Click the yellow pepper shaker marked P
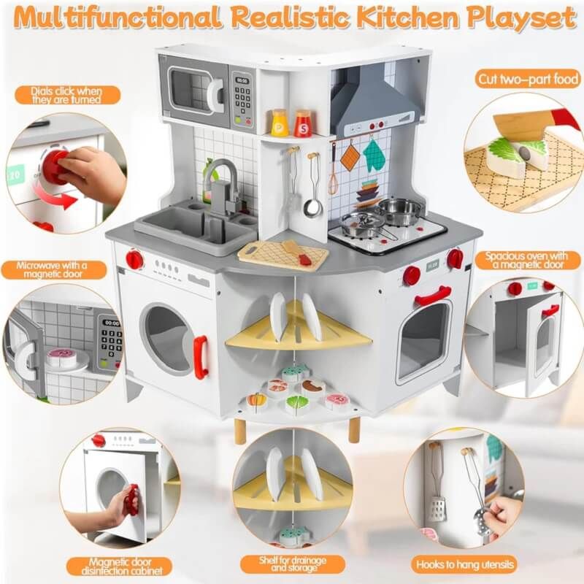pyautogui.click(x=280, y=123)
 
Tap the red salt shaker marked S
pyautogui.click(x=303, y=123)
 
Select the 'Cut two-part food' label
pyautogui.click(x=528, y=79)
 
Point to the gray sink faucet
pyautogui.click(x=223, y=186)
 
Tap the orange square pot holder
pyautogui.click(x=350, y=157)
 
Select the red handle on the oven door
pyautogui.click(x=433, y=295)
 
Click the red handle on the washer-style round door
pyautogui.click(x=200, y=357)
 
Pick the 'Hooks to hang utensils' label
pyautogui.click(x=465, y=564)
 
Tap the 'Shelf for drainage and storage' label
pyautogui.click(x=293, y=564)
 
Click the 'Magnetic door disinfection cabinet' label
pyautogui.click(x=120, y=566)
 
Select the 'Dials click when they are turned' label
pyautogui.click(x=67, y=96)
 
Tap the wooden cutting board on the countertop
pyautogui.click(x=283, y=255)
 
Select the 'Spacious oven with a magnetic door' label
pyautogui.click(x=527, y=260)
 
